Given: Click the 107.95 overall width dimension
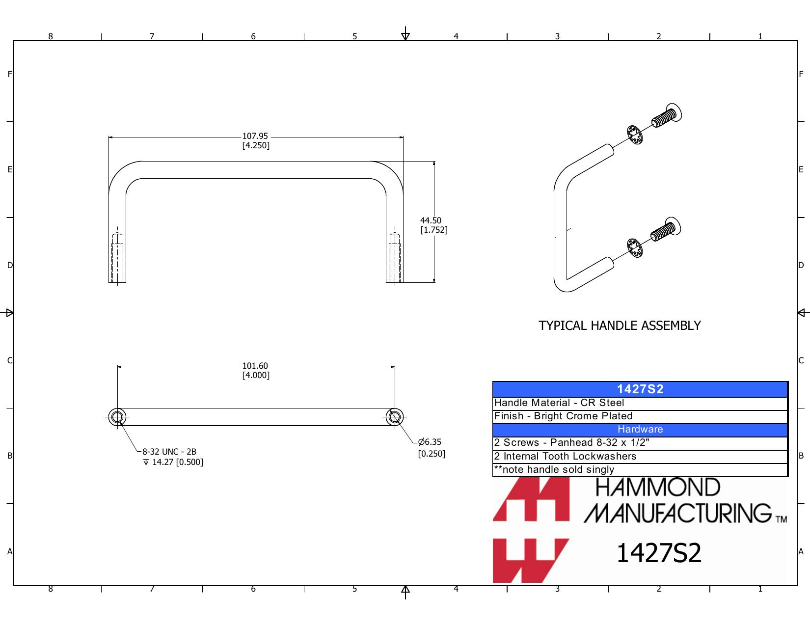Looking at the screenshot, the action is point(255,136).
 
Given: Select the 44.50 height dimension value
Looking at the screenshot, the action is point(431,221).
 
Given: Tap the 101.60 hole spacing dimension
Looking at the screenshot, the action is point(255,366).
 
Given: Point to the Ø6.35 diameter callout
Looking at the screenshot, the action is point(430,442).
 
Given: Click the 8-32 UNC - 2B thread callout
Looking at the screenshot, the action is point(169,452).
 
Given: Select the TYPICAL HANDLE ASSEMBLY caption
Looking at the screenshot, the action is point(620,326).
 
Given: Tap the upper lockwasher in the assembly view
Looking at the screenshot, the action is point(634,135).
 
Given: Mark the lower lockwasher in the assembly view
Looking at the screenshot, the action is point(634,248).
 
